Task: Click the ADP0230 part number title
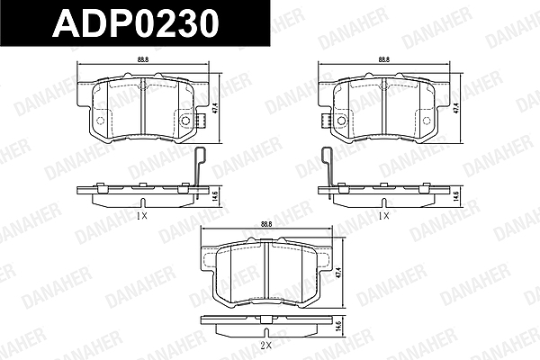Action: (x=136, y=22)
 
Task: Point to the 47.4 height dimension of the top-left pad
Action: (x=215, y=109)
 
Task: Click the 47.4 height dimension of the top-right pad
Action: (x=456, y=109)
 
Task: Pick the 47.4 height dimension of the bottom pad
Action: (x=339, y=273)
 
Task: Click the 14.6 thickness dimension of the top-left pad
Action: (x=215, y=195)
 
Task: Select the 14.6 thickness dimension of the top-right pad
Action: (x=456, y=195)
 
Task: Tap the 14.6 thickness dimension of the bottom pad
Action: (x=339, y=325)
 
